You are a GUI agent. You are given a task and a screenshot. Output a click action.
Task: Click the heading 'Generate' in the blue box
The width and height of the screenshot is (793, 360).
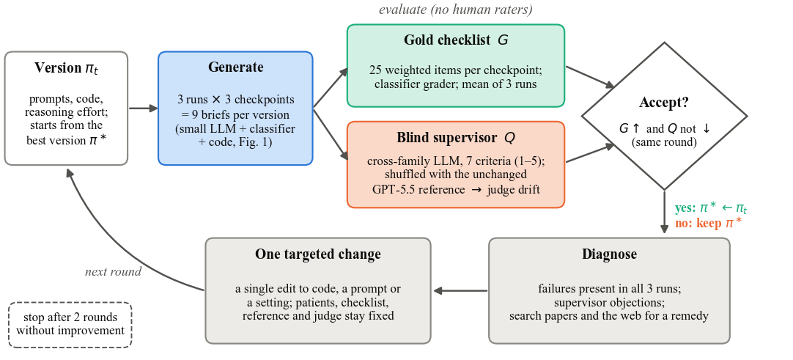236,67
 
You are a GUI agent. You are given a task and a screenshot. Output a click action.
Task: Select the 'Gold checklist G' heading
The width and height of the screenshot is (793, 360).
456,40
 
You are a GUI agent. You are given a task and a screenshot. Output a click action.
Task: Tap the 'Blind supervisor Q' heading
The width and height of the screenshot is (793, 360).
456,138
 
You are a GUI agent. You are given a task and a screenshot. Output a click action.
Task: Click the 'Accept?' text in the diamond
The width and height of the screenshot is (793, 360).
664,103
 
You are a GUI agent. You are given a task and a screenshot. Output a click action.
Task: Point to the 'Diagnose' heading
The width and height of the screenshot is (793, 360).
610,254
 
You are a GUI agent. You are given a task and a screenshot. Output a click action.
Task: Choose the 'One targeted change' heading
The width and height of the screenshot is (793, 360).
318,254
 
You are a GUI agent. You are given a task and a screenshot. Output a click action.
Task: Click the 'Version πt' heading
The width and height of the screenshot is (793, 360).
66,67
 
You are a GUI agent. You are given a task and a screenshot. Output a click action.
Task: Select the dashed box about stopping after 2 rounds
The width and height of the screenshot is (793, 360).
70,325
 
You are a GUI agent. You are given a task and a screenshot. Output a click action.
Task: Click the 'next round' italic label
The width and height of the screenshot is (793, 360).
114,271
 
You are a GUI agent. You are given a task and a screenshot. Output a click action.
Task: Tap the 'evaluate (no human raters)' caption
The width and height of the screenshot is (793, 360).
456,9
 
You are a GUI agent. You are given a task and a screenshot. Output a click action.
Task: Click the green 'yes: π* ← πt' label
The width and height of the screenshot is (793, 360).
711,207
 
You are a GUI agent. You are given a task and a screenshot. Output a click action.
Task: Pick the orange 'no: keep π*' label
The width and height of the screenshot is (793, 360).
709,223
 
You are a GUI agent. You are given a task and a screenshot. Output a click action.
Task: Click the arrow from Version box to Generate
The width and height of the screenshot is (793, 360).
144,109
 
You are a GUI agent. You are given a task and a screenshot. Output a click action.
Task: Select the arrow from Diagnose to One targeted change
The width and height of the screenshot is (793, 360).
461,291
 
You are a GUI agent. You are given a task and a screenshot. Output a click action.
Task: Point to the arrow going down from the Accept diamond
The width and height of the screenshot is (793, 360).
664,212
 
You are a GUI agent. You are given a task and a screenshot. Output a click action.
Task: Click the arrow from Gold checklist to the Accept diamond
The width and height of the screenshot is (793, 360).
590,77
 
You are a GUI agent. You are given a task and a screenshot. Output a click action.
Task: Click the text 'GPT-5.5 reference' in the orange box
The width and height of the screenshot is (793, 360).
418,190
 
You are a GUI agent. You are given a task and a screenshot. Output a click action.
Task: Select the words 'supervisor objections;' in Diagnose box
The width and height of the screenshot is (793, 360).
610,303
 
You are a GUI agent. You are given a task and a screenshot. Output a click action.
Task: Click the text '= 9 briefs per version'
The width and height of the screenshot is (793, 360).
236,115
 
